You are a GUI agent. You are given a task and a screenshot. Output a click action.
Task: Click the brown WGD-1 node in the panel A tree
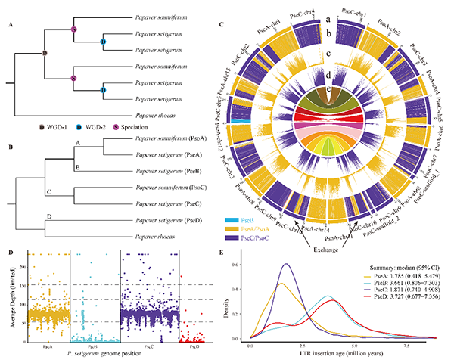click(x=44, y=53)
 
